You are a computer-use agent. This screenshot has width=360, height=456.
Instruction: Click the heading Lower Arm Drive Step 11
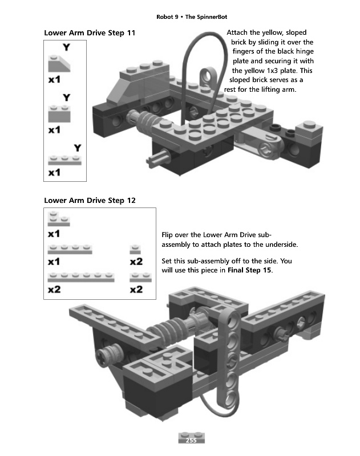click(90, 33)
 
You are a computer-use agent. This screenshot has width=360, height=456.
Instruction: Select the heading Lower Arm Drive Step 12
click(90, 200)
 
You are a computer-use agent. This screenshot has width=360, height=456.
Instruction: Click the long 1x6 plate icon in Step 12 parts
click(82, 278)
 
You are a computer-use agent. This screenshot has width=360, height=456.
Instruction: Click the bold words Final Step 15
click(249, 270)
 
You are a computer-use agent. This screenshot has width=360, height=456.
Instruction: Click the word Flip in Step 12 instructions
click(169, 235)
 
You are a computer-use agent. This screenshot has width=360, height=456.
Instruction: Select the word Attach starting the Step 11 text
click(238, 33)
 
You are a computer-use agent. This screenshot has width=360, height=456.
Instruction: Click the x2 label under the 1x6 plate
click(54, 290)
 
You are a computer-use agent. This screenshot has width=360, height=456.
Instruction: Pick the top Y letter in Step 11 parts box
click(66, 46)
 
